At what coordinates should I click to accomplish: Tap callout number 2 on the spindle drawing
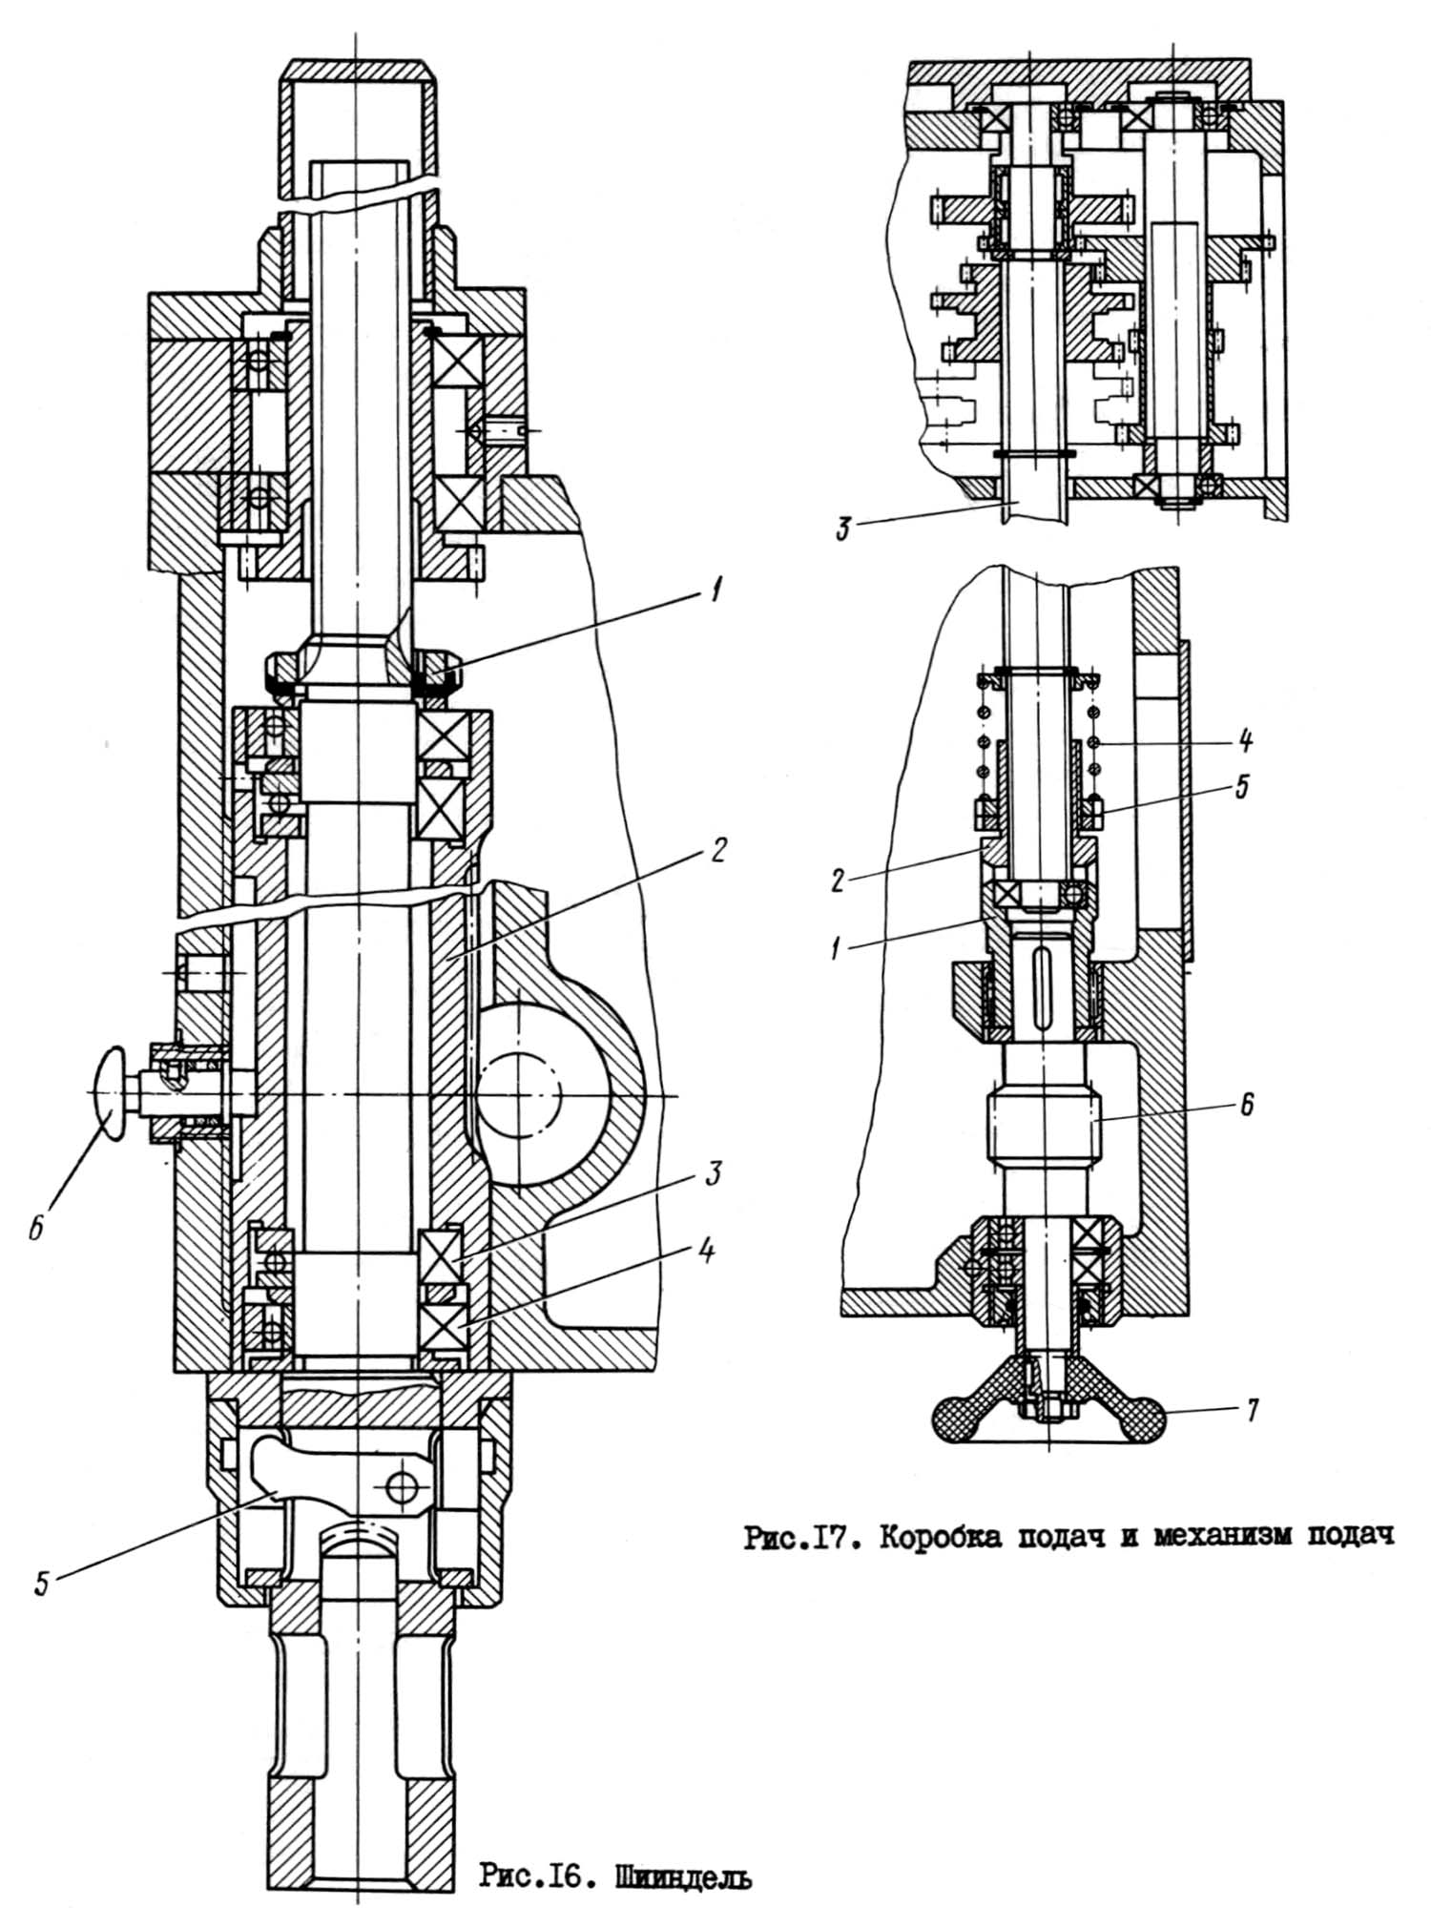coord(719,848)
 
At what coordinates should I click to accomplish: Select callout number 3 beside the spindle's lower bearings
coord(713,1172)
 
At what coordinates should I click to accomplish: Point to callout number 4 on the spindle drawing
coord(706,1251)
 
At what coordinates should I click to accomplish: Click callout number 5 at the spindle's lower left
coord(41,1583)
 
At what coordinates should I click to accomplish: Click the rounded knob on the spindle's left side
coord(111,1092)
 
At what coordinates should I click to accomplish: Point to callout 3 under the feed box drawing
coord(843,529)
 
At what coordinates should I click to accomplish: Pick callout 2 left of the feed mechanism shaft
coord(838,879)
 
